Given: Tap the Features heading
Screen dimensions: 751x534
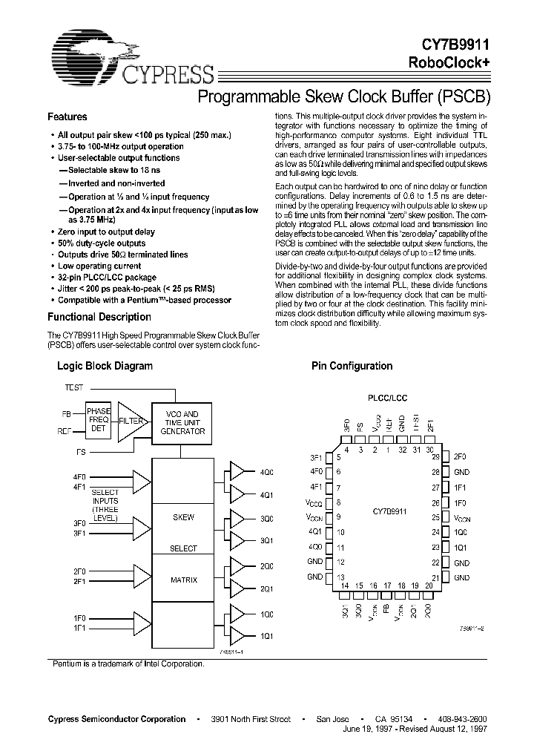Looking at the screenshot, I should (x=67, y=117).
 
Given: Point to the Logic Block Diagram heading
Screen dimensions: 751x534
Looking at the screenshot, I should (x=105, y=366).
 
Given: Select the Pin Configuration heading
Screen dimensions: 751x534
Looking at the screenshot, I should (x=352, y=366).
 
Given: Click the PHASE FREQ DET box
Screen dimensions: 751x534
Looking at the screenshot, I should (x=98, y=419).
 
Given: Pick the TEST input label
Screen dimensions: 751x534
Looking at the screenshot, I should (x=74, y=387).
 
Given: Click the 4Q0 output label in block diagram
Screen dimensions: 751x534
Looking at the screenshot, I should (x=266, y=471).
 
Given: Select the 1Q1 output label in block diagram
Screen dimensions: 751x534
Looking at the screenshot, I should (x=266, y=636).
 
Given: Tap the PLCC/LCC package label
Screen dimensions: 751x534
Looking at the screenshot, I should (x=386, y=399).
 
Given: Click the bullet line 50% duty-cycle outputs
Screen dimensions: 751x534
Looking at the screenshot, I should (x=102, y=243).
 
